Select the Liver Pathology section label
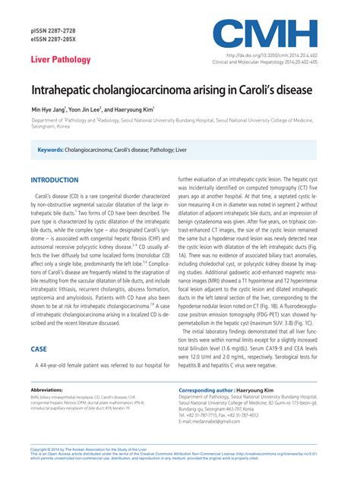61,59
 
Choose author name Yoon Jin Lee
99,109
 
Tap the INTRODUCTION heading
54,180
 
